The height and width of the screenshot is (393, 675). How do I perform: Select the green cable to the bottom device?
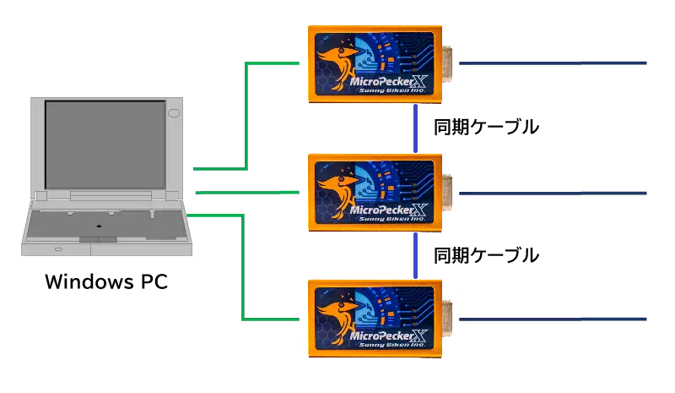point(243,270)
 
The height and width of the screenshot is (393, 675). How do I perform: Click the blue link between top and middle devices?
point(415,128)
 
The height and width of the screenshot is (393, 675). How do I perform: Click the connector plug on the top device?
point(447,63)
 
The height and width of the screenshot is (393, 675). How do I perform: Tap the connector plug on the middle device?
point(447,193)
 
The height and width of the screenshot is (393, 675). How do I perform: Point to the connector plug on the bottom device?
point(447,319)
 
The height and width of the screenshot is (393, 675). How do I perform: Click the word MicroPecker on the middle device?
point(379,209)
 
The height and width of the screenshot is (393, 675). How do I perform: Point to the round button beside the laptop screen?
point(174,112)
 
